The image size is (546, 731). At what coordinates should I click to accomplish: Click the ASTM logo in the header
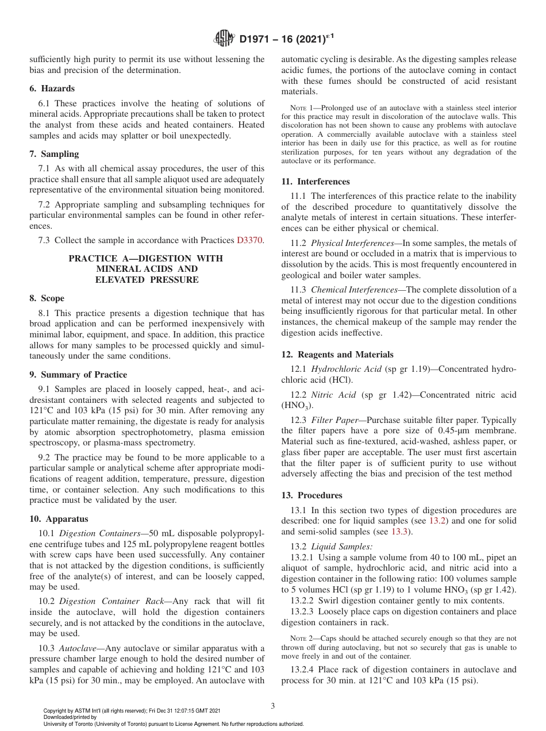(224, 39)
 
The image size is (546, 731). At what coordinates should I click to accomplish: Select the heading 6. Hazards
(52, 89)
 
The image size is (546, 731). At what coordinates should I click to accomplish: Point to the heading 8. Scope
(47, 298)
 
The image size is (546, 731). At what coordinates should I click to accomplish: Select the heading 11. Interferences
(315, 182)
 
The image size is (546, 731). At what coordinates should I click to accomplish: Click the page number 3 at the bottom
(272, 706)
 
